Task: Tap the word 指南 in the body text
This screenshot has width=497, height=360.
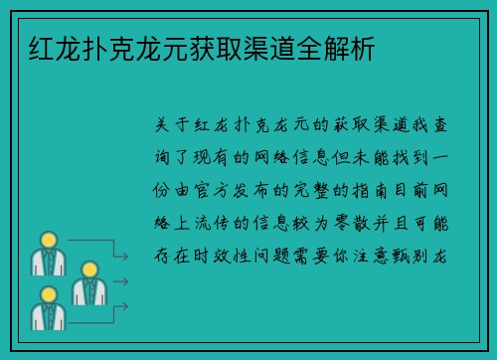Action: click(x=376, y=191)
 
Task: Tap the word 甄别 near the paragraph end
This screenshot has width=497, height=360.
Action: click(x=417, y=257)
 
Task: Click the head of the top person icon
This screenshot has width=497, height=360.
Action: click(x=47, y=240)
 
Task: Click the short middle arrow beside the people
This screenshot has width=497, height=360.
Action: click(x=118, y=281)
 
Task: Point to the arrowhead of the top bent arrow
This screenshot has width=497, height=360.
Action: click(x=126, y=257)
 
